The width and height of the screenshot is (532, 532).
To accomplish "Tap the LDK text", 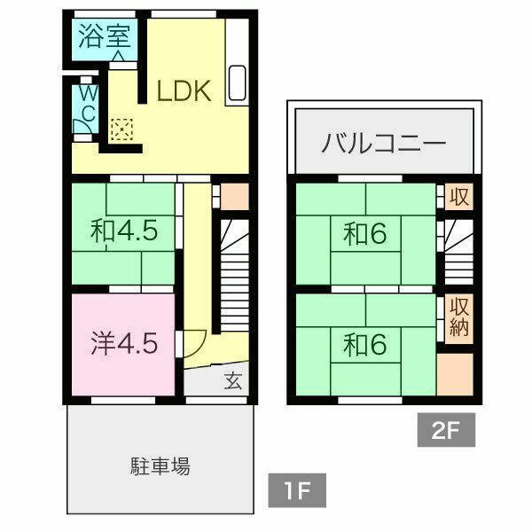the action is (184, 90).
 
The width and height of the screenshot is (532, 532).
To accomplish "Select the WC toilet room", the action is (85, 108).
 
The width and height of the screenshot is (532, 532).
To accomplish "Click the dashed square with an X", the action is (121, 129).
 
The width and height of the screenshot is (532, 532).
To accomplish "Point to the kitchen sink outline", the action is (237, 82).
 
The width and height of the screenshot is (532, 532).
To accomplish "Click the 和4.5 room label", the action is (124, 231).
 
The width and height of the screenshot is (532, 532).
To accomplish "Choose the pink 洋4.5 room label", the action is (124, 344).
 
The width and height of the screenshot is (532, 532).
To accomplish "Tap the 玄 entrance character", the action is (233, 380).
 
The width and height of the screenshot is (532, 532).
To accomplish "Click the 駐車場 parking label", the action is (160, 465).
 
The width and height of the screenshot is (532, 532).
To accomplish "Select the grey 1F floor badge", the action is (297, 490).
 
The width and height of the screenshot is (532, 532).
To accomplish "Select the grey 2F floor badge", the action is (446, 430).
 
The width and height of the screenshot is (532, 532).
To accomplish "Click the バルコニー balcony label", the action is (384, 143).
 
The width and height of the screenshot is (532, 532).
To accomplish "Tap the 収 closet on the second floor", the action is (458, 197).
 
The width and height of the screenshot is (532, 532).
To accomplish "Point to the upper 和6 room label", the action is (364, 234).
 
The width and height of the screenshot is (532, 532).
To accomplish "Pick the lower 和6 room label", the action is (364, 345).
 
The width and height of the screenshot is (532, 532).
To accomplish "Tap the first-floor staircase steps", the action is (234, 275).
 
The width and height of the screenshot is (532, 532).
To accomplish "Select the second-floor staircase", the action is (458, 252).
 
